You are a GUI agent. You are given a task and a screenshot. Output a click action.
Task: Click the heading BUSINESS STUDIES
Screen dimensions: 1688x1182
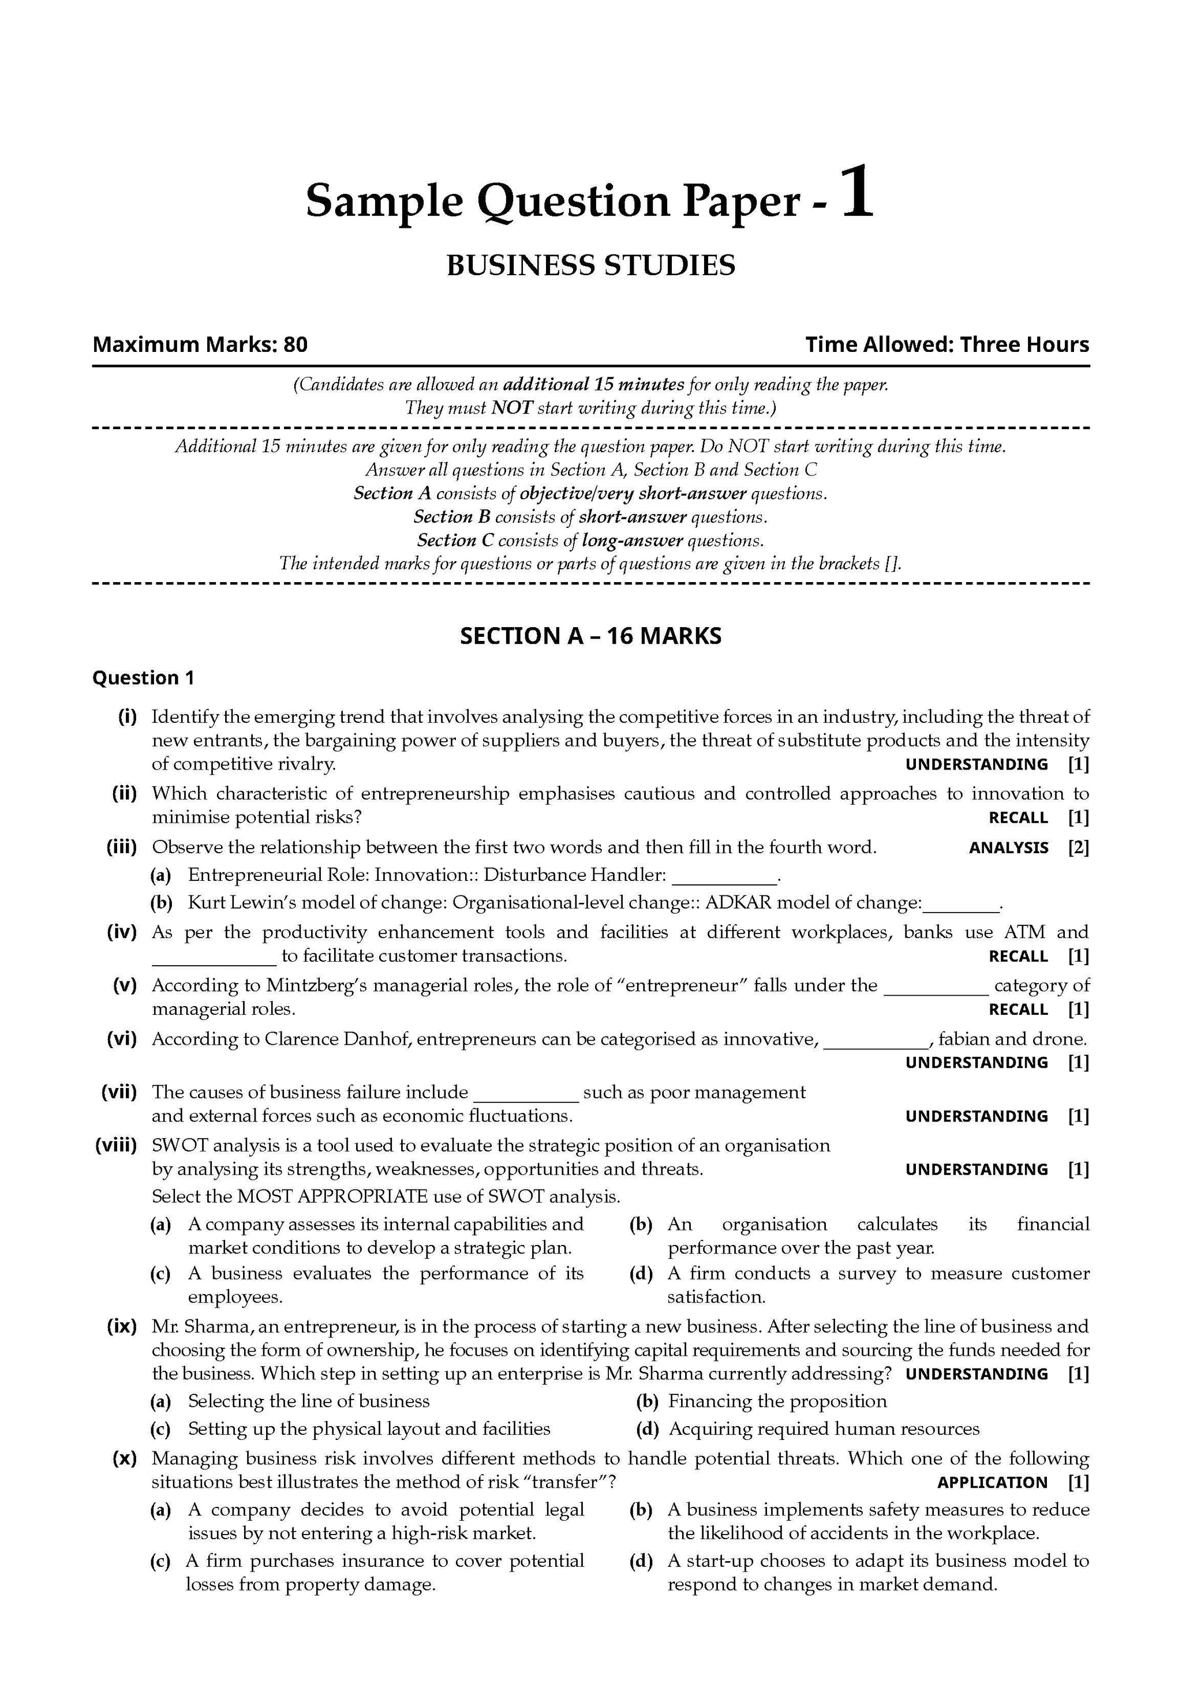(x=590, y=265)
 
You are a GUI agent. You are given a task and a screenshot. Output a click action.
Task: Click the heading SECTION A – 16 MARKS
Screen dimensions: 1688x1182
(x=590, y=635)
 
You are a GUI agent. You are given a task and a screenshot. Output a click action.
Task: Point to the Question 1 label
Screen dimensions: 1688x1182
(x=144, y=678)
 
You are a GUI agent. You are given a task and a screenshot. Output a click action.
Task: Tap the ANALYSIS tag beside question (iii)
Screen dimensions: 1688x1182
(x=1008, y=847)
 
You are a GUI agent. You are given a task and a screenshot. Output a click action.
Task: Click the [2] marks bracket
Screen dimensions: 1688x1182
(x=1078, y=847)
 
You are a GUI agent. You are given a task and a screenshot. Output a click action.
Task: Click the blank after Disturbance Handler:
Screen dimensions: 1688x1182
(x=724, y=877)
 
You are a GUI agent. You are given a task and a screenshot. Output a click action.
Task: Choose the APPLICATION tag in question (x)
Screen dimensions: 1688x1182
(x=992, y=1483)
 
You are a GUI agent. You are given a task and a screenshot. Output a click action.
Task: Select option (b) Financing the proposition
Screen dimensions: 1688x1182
(x=777, y=1401)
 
